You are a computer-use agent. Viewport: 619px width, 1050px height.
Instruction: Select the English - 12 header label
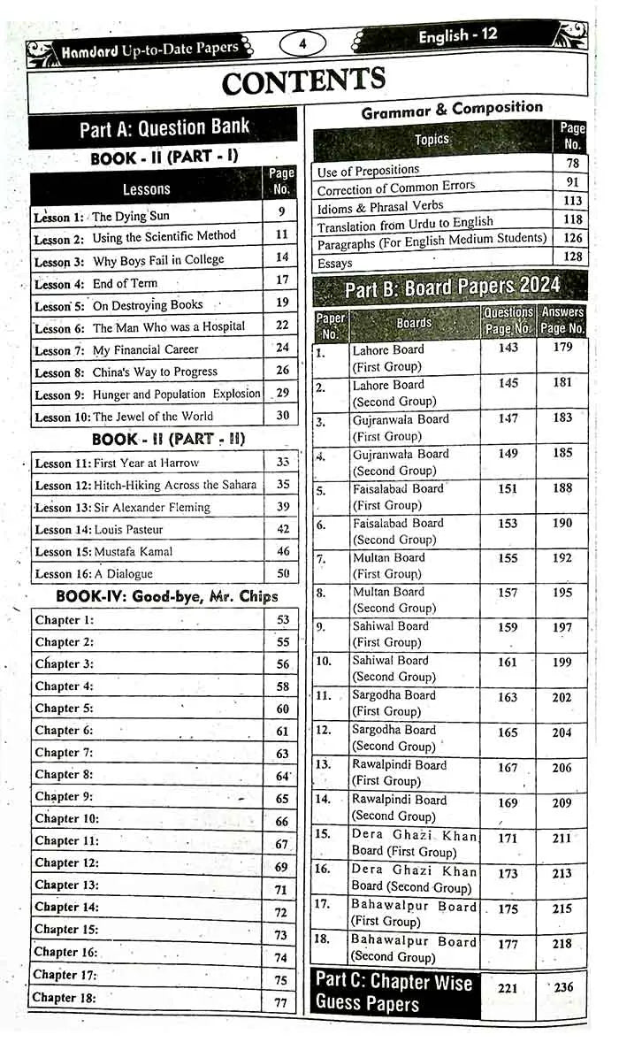457,36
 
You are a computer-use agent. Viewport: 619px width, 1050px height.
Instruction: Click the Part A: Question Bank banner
164,128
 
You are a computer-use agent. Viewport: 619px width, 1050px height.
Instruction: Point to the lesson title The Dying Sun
130,216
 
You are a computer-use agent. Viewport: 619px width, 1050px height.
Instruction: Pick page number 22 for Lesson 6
281,326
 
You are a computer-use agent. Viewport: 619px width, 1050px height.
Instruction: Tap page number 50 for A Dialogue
282,573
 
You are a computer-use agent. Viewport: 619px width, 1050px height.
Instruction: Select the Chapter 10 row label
67,819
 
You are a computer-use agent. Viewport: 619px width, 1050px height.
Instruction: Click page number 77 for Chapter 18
281,1002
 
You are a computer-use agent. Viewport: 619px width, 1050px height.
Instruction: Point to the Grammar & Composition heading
452,110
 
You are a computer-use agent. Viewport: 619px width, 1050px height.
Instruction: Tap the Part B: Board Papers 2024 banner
451,288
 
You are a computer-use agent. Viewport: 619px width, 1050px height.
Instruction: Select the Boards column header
414,323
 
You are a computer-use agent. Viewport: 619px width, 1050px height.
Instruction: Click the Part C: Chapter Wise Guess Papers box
395,992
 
